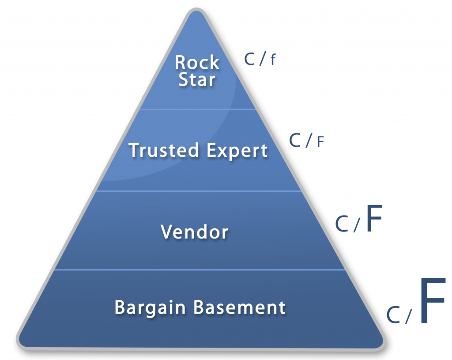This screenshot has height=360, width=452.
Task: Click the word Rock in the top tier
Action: tap(197, 62)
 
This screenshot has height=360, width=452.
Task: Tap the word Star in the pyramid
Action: tap(197, 80)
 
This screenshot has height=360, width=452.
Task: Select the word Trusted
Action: tap(164, 150)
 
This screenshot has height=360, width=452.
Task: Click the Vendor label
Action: tap(195, 231)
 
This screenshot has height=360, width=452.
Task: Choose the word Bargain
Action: tap(150, 308)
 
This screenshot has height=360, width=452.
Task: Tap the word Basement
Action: tap(240, 307)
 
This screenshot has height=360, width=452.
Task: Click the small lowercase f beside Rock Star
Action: tap(273, 60)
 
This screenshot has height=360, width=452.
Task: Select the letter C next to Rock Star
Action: tap(249, 59)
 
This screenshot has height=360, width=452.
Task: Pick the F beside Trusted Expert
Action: tap(320, 142)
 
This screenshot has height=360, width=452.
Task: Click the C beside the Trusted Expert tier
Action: tap(295, 140)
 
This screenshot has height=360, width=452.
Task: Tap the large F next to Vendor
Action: tap(374, 218)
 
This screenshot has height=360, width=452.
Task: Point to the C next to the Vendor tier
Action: tap(342, 224)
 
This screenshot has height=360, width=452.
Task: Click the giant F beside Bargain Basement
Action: tap(433, 300)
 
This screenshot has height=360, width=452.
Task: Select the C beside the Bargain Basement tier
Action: tap(393, 315)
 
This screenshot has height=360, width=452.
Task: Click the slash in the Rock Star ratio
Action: tap(262, 59)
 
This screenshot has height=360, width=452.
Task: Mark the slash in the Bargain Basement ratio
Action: tap(408, 316)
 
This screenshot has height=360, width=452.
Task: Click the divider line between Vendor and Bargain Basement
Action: tap(200, 270)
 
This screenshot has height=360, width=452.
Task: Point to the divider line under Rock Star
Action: tap(198, 110)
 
